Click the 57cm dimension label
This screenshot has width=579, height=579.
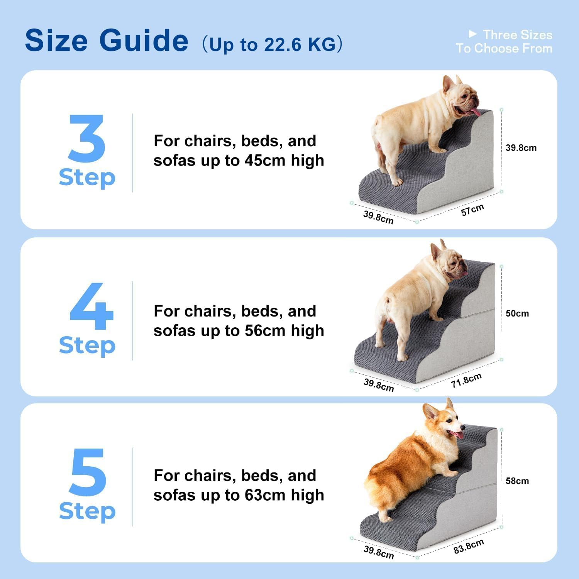click(472, 210)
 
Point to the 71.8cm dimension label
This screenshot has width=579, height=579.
click(466, 380)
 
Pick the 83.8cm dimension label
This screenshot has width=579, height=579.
click(468, 546)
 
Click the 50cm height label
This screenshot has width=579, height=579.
click(517, 313)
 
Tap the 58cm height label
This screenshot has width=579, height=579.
click(517, 481)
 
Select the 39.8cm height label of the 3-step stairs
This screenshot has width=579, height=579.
click(521, 148)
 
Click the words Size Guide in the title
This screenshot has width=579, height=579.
click(107, 41)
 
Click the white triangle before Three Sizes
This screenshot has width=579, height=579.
click(472, 34)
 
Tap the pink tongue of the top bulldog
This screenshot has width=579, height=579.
click(474, 112)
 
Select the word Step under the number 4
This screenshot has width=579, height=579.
click(87, 345)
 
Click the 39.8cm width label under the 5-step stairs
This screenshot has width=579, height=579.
click(378, 552)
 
